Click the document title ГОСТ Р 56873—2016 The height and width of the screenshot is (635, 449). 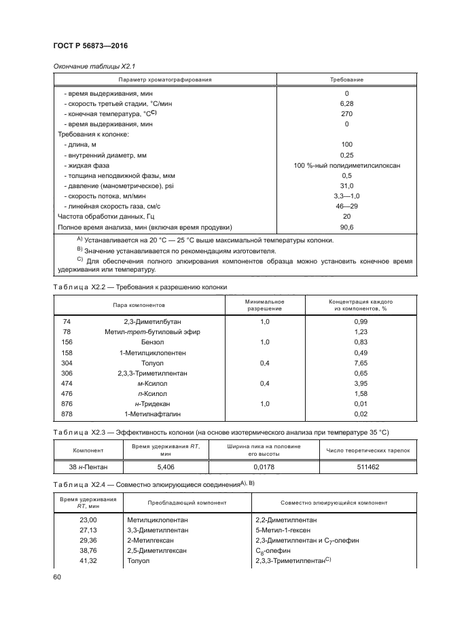[90, 46]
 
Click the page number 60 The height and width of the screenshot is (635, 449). [57, 577]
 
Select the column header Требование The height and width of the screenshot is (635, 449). [346, 80]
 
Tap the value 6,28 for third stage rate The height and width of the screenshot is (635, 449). [346, 103]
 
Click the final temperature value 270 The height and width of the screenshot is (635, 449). [346, 114]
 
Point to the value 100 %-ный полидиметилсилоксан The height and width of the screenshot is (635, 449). [346, 166]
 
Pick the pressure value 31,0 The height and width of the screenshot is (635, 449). [346, 186]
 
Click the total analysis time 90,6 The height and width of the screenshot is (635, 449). [346, 227]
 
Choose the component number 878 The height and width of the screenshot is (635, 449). [67, 414]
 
